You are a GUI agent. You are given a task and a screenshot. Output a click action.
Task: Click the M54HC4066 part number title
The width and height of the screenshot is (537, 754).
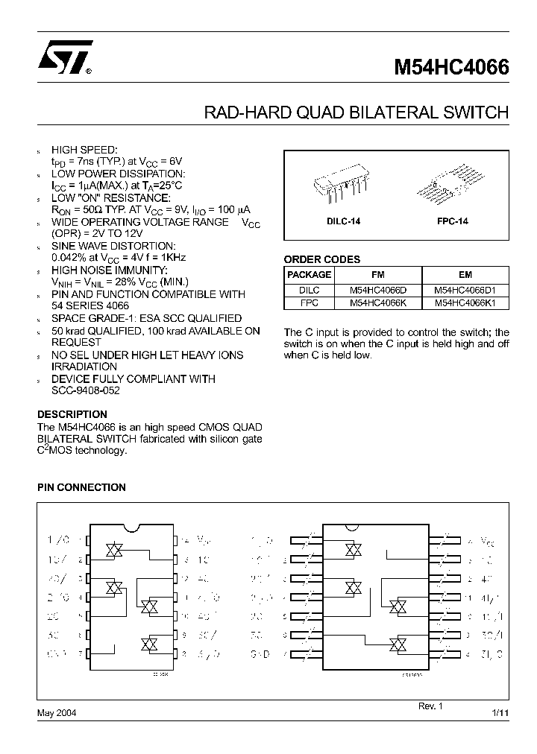point(451,68)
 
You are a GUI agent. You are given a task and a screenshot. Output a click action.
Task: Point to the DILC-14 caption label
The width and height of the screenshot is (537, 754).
point(343,222)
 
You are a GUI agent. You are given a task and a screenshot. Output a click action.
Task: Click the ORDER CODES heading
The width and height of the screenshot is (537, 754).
point(322,259)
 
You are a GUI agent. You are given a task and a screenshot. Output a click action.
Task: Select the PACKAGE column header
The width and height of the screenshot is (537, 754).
point(309,274)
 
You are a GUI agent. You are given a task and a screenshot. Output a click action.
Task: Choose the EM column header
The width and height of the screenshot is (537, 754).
point(465,274)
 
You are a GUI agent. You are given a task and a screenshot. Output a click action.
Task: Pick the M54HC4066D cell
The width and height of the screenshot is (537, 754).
point(377,289)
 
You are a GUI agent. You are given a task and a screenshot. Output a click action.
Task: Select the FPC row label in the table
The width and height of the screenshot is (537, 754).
point(309,302)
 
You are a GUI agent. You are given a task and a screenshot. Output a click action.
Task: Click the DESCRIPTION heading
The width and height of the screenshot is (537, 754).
point(72,414)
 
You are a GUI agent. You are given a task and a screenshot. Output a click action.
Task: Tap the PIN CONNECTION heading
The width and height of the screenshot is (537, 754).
point(81,487)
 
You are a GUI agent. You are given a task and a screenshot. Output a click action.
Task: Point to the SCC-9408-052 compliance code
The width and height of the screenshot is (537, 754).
point(86,390)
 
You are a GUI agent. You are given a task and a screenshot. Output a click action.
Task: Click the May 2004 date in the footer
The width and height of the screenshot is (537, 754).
point(57,713)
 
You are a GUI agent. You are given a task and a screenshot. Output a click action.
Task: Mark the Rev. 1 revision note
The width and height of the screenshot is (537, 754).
point(429,705)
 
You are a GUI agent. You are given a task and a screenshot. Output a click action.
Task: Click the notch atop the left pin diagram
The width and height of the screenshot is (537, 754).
point(132,529)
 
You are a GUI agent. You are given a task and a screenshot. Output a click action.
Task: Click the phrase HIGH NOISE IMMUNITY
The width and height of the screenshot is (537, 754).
point(110,270)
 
